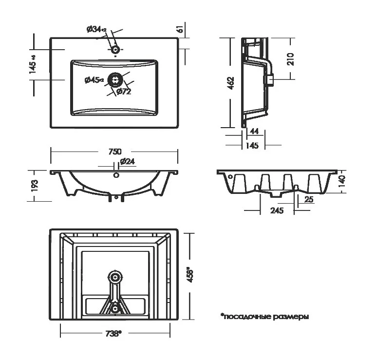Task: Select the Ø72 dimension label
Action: (x=123, y=92)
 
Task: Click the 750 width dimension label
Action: (x=114, y=152)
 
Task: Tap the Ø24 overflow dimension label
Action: (x=127, y=161)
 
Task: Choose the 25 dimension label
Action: (x=308, y=200)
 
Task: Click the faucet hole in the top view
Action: (x=115, y=49)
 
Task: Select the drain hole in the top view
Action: (x=115, y=79)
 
